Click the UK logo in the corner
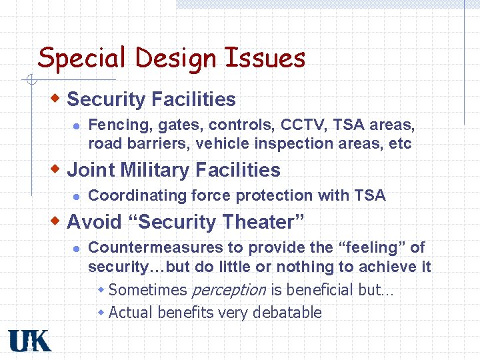[x=30, y=341]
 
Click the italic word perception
[x=229, y=290]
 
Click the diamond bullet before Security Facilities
[x=57, y=99]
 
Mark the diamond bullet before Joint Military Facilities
[x=57, y=169]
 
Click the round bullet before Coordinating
[x=77, y=196]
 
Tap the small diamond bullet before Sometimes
[x=101, y=290]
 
